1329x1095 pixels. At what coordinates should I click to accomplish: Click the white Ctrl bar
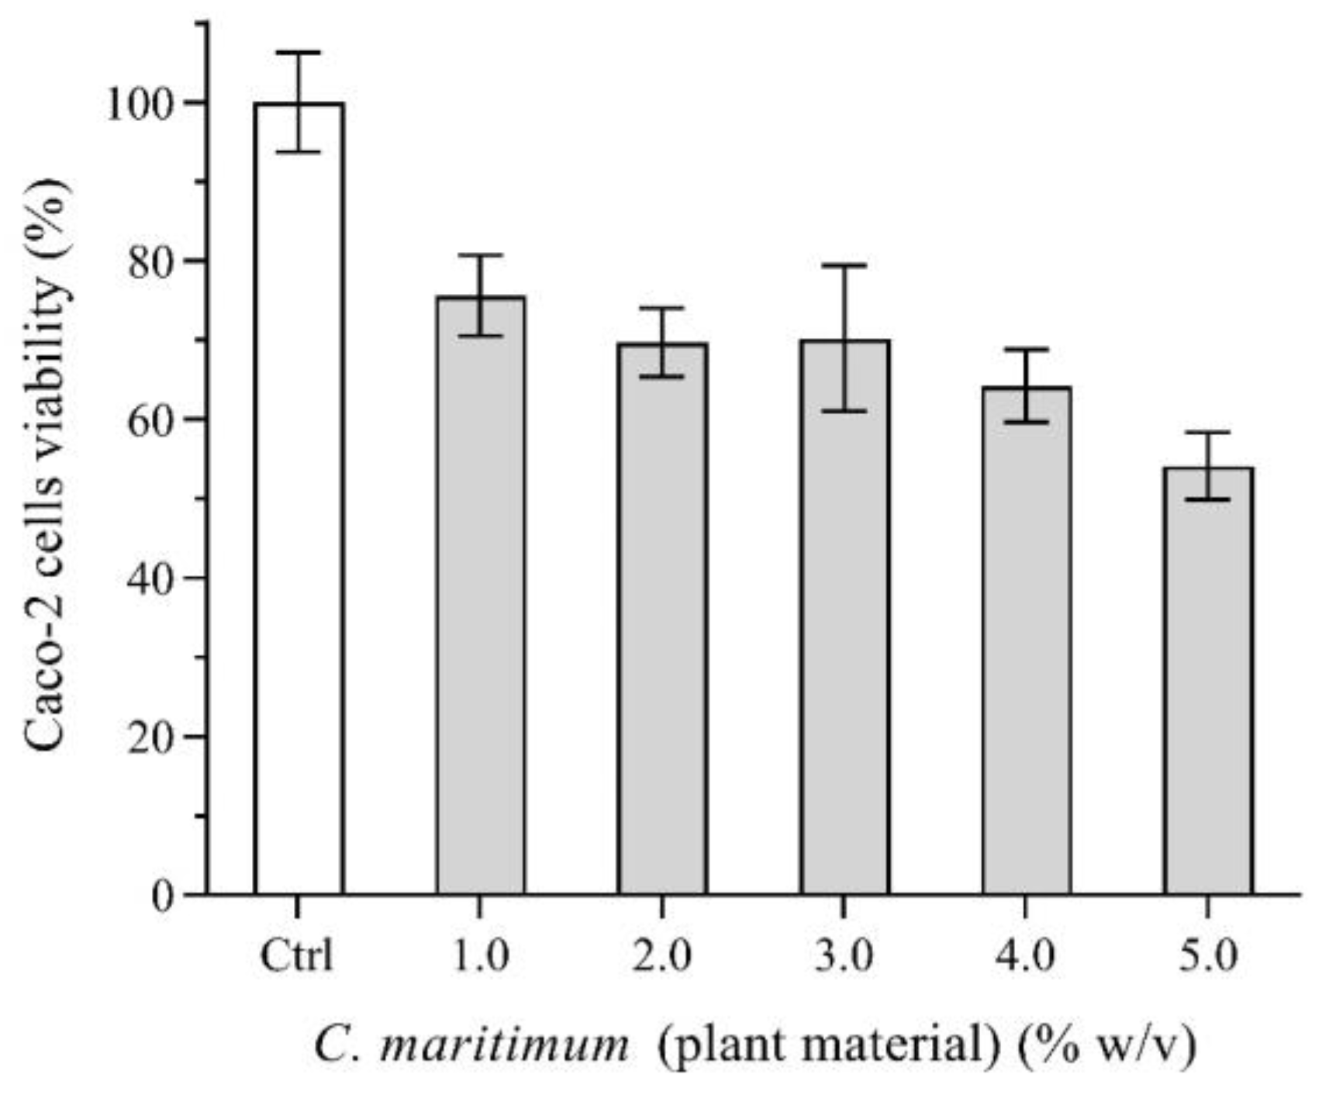click(299, 504)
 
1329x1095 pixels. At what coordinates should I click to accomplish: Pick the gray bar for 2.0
click(662, 620)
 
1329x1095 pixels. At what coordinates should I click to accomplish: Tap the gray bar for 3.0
click(844, 620)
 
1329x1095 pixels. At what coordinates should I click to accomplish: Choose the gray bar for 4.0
click(1026, 644)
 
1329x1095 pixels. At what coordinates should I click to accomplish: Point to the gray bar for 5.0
click(1207, 682)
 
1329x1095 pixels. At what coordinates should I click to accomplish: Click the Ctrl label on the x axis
click(297, 955)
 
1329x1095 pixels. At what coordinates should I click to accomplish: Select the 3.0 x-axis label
click(844, 955)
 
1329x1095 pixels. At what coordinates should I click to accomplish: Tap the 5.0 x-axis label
click(1207, 955)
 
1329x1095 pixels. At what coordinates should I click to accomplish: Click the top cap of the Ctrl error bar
click(299, 53)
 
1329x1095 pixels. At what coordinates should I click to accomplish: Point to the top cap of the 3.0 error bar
click(844, 265)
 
